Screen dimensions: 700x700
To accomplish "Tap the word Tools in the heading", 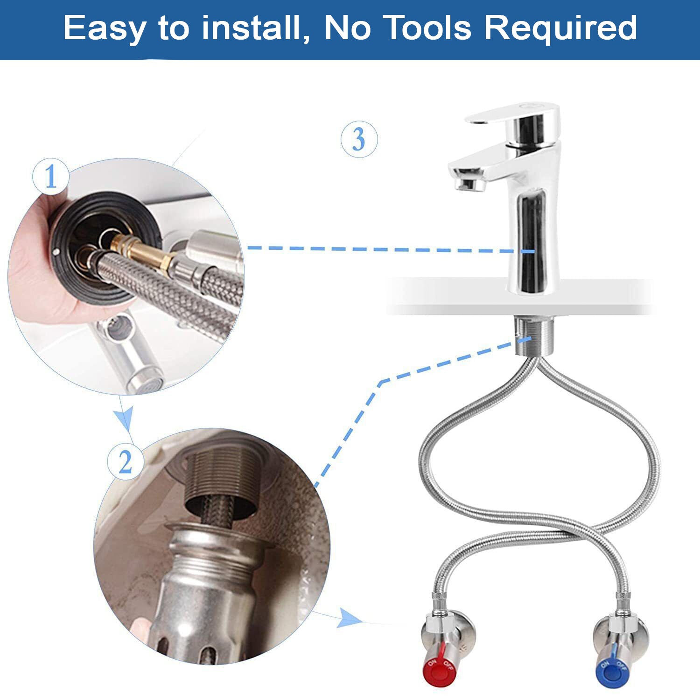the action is [x=429, y=28].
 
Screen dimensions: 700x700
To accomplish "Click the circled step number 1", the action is [x=50, y=177].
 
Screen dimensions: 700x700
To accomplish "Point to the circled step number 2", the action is [x=126, y=462].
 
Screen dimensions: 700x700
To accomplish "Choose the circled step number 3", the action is [x=359, y=139].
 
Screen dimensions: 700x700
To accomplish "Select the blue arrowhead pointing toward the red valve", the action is [x=351, y=618].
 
